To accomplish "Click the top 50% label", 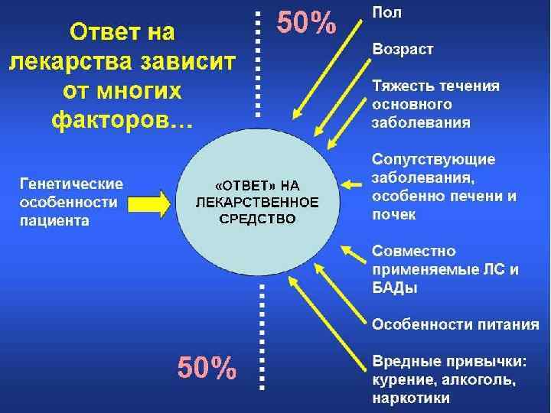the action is (305, 24).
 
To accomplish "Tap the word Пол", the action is (387, 12).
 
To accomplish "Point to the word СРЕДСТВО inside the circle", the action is (256, 219).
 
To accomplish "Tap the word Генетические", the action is (71, 184).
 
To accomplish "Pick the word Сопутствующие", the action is (434, 160).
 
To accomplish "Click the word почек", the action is (395, 215).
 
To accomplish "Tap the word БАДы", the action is (396, 288).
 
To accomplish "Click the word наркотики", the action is (412, 397).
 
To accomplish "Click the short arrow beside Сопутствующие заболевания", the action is (351, 184).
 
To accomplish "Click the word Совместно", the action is (413, 251).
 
